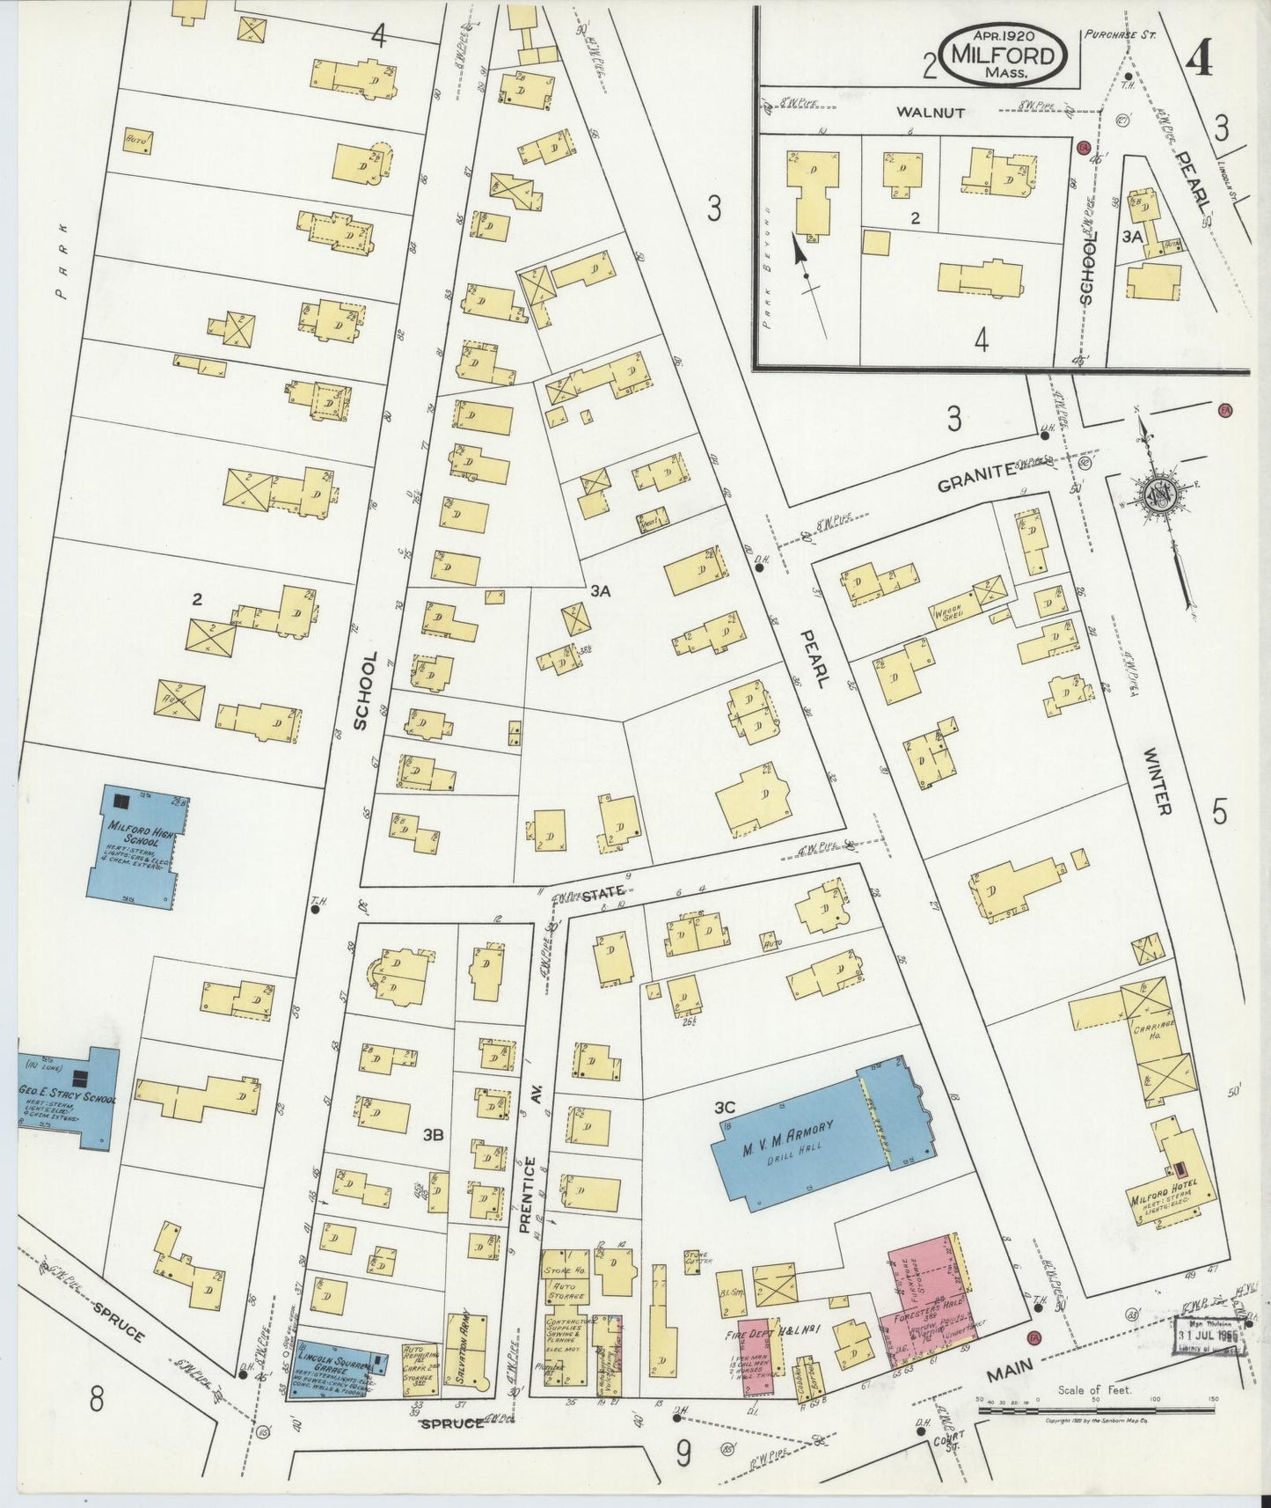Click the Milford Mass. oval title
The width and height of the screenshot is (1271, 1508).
click(1005, 55)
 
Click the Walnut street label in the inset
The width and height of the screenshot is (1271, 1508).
click(931, 113)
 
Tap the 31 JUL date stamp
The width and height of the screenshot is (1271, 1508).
click(1210, 1333)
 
